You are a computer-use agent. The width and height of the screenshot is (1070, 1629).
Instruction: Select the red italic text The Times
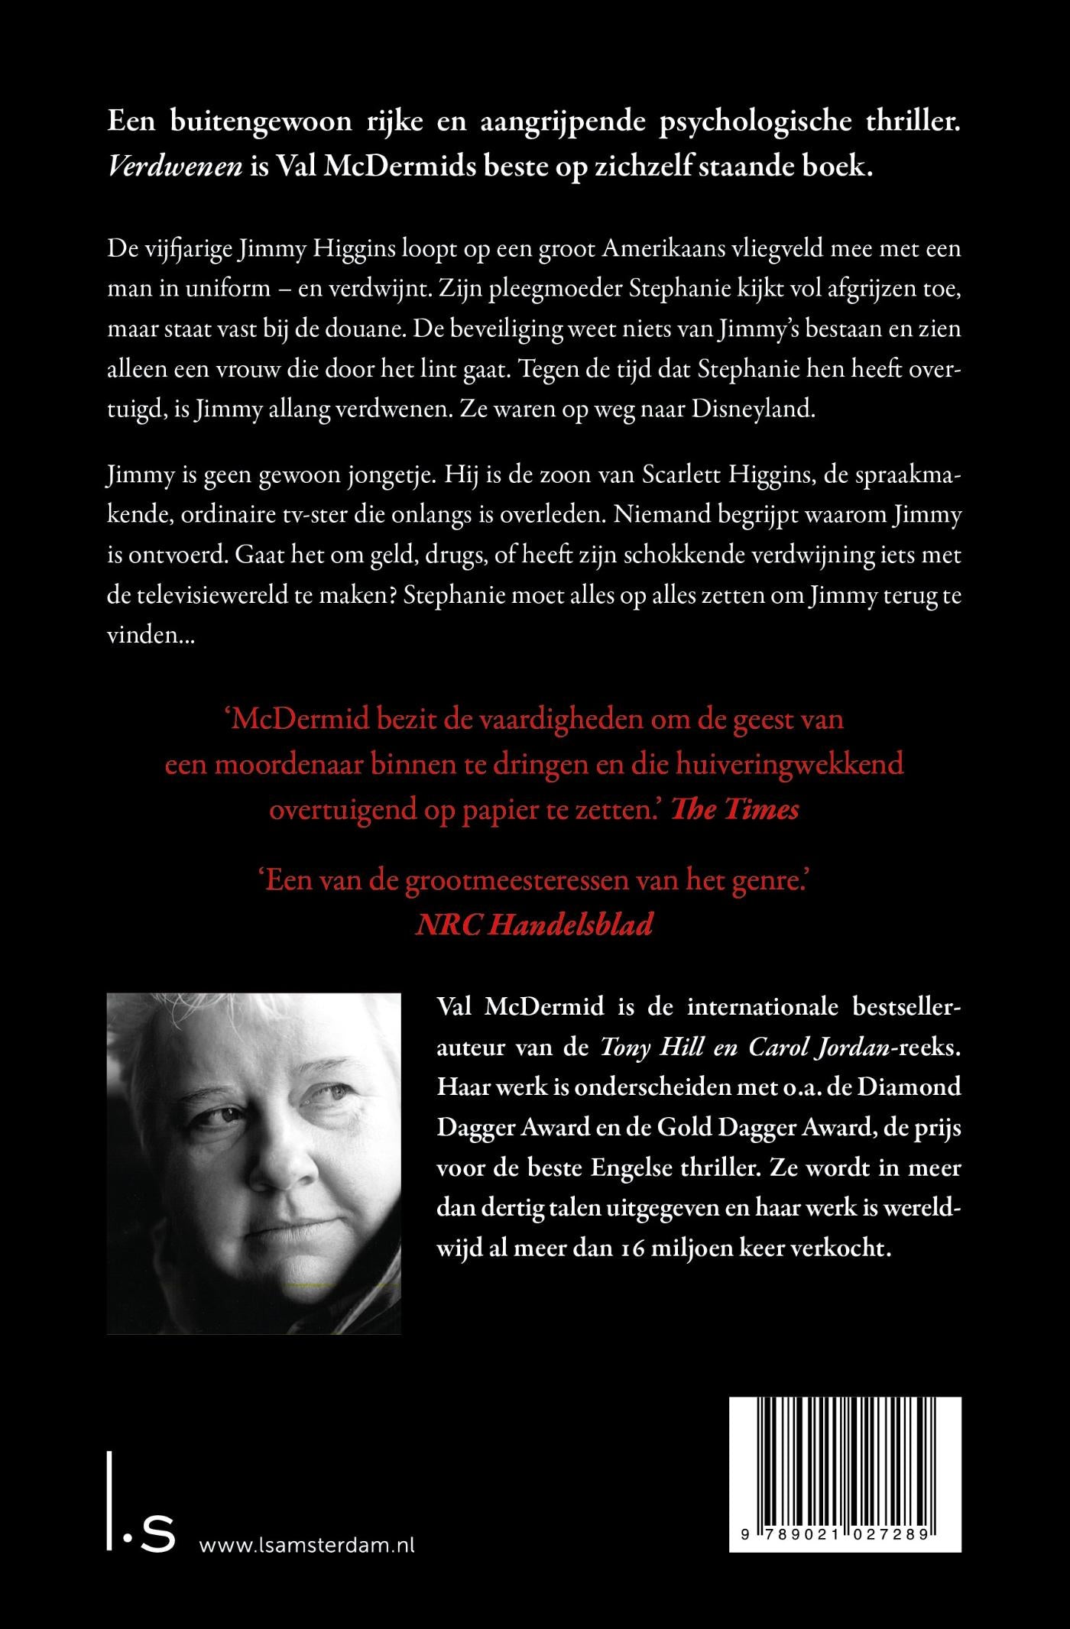735,809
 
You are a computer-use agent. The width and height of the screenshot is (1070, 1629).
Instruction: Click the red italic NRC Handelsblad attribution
534,925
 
